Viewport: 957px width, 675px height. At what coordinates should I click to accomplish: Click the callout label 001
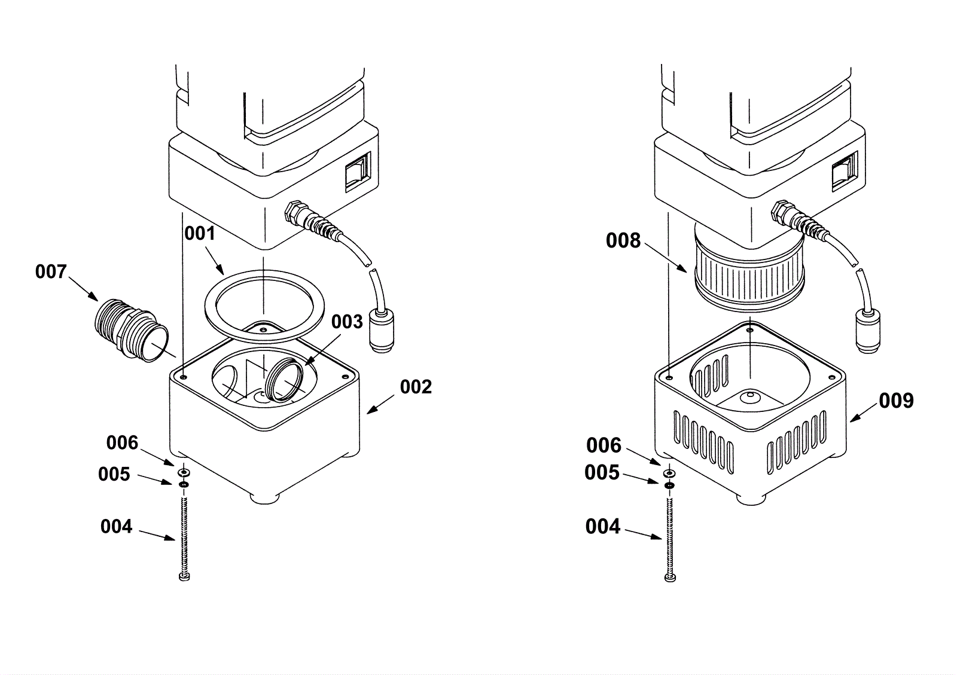click(x=200, y=234)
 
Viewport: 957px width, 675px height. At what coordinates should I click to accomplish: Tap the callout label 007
click(x=51, y=272)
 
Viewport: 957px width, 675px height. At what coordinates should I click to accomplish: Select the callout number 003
click(x=347, y=322)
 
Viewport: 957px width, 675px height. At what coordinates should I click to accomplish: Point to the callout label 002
click(x=416, y=387)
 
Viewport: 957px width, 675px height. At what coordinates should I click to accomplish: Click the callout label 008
click(x=623, y=241)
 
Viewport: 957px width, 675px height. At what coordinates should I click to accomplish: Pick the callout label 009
click(x=897, y=401)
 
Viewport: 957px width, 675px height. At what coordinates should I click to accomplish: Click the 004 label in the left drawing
click(x=116, y=526)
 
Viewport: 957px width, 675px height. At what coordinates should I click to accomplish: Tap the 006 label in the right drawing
click(x=604, y=445)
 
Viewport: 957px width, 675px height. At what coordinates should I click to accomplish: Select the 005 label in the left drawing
click(x=114, y=474)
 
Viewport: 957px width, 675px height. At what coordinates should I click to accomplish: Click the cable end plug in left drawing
click(x=382, y=331)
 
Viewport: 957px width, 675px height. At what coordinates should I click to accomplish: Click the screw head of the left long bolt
click(x=184, y=577)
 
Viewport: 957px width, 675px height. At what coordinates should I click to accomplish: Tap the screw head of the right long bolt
click(x=670, y=578)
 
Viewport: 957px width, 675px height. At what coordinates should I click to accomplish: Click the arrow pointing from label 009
click(x=864, y=412)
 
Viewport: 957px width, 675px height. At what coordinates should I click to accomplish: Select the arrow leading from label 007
click(x=83, y=289)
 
